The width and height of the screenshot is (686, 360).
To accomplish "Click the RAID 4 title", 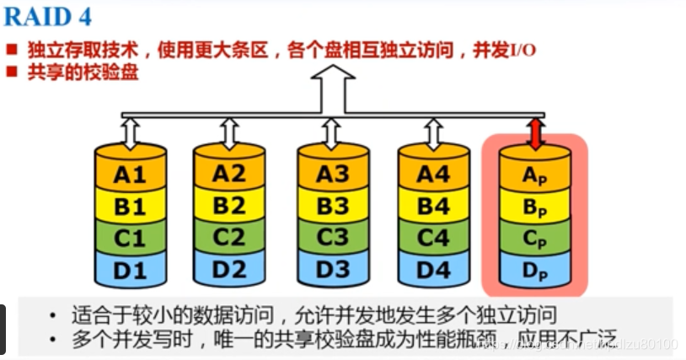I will click(x=48, y=16).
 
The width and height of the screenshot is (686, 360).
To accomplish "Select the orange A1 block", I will click(x=129, y=175).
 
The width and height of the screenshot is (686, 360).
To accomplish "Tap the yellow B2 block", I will click(x=229, y=205).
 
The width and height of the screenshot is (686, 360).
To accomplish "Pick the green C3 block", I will click(x=331, y=237).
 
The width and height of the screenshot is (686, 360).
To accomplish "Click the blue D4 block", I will click(x=433, y=271).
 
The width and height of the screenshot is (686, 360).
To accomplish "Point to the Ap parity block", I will click(x=533, y=175).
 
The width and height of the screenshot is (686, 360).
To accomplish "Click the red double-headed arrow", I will click(x=533, y=132).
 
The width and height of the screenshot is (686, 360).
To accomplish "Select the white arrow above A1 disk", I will click(x=129, y=132).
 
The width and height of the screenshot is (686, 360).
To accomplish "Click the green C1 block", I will click(x=129, y=238).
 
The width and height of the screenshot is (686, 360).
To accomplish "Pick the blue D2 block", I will click(x=229, y=271).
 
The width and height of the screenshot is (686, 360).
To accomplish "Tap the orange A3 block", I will click(x=331, y=174).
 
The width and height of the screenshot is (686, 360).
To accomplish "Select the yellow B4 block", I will click(x=433, y=205).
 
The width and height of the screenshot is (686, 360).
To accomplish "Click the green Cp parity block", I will click(x=533, y=239).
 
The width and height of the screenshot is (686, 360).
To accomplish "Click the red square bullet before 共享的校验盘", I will click(x=12, y=72).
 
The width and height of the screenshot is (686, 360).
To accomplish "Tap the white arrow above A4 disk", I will click(x=433, y=132).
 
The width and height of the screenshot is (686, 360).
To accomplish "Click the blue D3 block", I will click(x=331, y=271).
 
